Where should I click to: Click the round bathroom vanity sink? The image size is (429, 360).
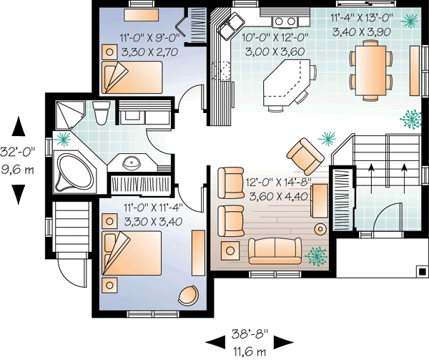point(130,163)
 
